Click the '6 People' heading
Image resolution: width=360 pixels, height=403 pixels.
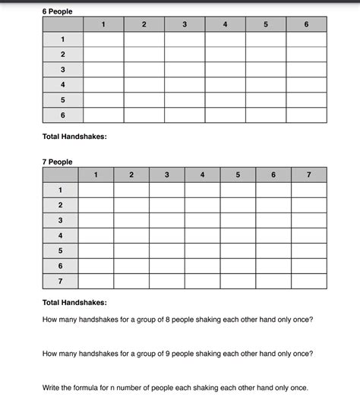(58, 10)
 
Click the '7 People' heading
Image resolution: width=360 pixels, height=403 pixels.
(58, 162)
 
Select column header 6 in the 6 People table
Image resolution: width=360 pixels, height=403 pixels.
(306, 25)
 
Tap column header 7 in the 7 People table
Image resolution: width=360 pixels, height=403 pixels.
(308, 175)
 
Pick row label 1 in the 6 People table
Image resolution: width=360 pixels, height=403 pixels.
(63, 39)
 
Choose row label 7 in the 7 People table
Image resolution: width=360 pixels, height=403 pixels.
(61, 281)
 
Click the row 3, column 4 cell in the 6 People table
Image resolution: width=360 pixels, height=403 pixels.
(225, 69)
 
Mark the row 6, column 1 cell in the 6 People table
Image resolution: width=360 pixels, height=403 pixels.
(103, 115)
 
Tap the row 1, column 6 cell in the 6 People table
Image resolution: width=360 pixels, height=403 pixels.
(306, 39)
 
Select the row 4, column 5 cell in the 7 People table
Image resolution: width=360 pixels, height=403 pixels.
(238, 235)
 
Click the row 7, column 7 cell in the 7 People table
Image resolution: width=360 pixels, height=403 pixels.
(308, 281)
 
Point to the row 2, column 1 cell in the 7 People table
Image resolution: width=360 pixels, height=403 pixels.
(96, 206)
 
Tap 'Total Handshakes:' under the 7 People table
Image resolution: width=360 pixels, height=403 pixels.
(74, 302)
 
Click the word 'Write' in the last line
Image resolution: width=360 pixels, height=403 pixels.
(54, 386)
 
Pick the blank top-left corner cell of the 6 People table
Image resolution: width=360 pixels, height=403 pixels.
(63, 25)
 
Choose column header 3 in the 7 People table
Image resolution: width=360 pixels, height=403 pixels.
(166, 175)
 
